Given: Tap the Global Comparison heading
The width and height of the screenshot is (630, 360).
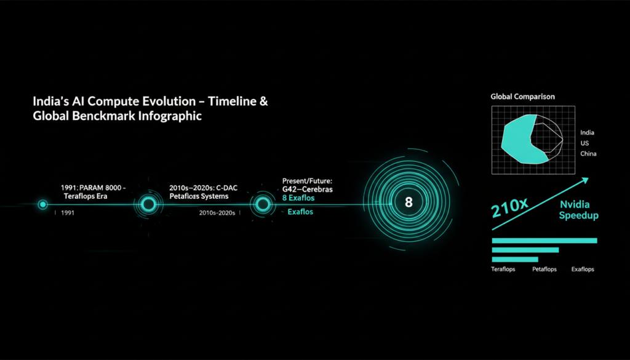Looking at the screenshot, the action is (x=522, y=97).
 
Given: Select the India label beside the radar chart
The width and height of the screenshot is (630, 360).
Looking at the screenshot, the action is (x=587, y=132).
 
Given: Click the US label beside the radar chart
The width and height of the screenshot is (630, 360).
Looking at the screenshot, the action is (x=584, y=143).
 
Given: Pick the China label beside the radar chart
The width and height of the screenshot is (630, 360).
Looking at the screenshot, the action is (x=588, y=153).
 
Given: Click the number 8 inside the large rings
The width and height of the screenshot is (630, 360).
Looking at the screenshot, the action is (x=409, y=202).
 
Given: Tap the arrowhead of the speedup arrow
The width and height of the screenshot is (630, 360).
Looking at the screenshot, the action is (x=586, y=180).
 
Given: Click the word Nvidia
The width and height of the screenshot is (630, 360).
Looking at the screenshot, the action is (x=575, y=205).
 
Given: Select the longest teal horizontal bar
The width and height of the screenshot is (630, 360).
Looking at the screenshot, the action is (x=544, y=241).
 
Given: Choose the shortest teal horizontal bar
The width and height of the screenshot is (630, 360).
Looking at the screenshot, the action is (x=515, y=259).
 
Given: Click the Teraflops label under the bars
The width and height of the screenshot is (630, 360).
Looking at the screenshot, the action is (x=503, y=269).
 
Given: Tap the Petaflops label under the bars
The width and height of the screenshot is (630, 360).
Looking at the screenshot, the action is (x=544, y=269).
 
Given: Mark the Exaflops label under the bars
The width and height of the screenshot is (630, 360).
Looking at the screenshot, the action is (x=583, y=269).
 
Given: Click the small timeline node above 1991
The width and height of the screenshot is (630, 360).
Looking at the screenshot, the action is (x=42, y=204).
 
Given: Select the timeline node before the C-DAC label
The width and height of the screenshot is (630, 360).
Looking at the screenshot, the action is (x=148, y=204).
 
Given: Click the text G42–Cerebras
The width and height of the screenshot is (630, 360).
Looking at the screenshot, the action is (x=308, y=190).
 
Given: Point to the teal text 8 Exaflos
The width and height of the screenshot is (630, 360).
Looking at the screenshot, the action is (x=298, y=198).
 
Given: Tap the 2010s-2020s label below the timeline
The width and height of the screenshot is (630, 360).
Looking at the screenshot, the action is (x=217, y=212).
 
